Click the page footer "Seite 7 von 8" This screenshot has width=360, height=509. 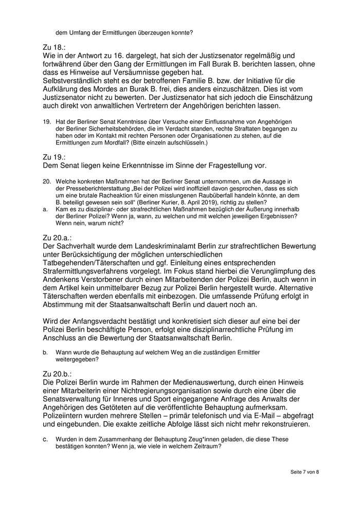point(305,472)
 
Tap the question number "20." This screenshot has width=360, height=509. point(46,181)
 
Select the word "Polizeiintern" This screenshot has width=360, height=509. point(67,415)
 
